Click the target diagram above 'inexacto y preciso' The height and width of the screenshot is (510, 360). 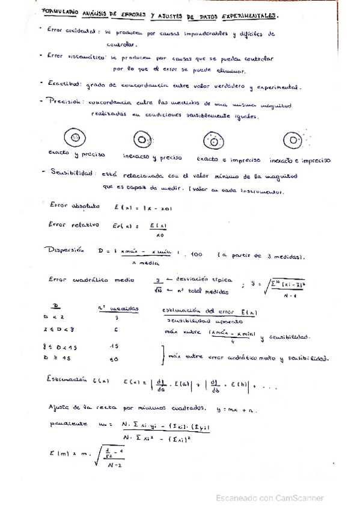coord(142,140)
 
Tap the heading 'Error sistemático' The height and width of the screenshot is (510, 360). coord(72,55)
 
